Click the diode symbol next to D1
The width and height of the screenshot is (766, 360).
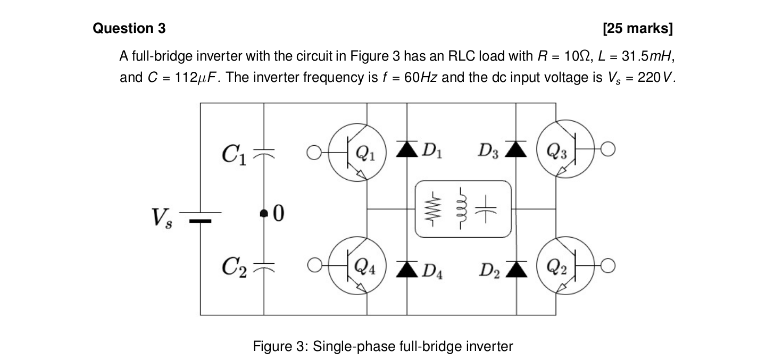(407, 149)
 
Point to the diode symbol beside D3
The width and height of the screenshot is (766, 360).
(516, 149)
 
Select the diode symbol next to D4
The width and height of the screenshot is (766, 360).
(407, 269)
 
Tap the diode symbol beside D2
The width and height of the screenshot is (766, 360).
(516, 269)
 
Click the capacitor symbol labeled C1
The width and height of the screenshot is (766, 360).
(264, 153)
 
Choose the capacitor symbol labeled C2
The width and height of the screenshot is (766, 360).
(264, 265)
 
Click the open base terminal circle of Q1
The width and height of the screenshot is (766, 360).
(314, 153)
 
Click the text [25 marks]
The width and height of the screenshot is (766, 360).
(638, 28)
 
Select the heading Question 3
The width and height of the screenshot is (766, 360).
(129, 28)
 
